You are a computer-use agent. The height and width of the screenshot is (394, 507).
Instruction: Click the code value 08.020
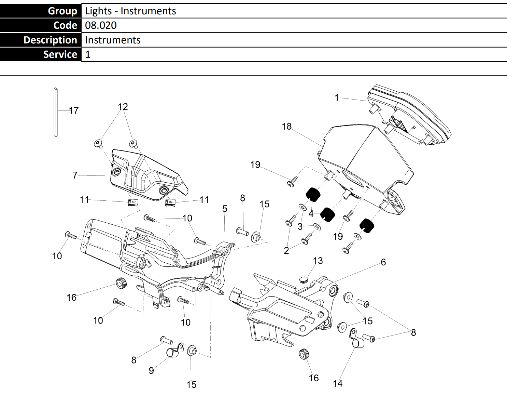(x=101, y=25)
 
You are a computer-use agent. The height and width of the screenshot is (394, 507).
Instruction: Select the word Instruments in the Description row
(x=113, y=40)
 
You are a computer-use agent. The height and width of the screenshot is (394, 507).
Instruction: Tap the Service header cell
(x=40, y=54)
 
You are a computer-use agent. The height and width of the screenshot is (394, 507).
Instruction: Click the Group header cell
(x=40, y=11)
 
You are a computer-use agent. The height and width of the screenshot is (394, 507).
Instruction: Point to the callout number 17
(x=74, y=110)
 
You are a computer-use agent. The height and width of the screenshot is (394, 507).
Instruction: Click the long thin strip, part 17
(x=56, y=112)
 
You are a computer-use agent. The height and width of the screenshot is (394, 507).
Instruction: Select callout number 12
(x=123, y=107)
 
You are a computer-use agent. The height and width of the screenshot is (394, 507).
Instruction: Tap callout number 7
(x=75, y=175)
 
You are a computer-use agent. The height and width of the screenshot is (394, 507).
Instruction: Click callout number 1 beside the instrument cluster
(x=337, y=97)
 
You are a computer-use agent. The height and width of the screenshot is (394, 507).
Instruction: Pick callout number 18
(x=286, y=126)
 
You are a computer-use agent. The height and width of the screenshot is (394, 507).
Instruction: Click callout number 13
(x=318, y=261)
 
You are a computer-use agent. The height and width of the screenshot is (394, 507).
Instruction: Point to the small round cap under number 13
(x=303, y=280)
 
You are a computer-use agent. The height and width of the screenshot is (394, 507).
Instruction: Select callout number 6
(x=383, y=262)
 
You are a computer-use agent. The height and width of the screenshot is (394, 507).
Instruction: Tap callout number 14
(x=338, y=383)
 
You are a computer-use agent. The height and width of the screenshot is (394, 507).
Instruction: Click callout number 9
(x=151, y=370)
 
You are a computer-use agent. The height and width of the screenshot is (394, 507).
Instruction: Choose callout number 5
(x=225, y=209)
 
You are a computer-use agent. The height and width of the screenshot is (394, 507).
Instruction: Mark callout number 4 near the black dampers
(x=311, y=214)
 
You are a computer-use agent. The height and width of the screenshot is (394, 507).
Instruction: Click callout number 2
(x=286, y=250)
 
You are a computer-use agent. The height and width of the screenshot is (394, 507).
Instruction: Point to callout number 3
(x=300, y=226)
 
